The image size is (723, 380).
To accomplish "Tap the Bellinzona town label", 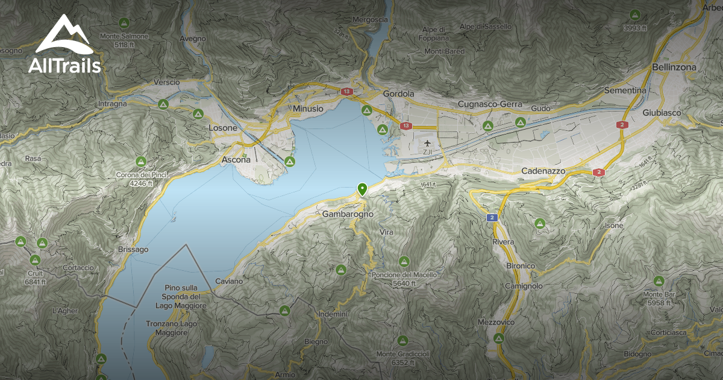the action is point(674,67).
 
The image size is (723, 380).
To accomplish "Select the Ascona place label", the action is point(236,160).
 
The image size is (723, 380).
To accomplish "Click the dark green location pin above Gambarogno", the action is point(362,189).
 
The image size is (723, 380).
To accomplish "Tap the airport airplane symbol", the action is point(428,143).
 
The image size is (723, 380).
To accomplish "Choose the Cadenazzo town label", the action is point(543,171).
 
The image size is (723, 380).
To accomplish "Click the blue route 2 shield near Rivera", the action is point(492,217).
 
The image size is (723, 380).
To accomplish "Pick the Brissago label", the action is point(133,249).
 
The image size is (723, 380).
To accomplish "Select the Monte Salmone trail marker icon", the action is point(124,24).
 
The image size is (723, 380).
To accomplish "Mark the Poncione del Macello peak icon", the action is point(404,261).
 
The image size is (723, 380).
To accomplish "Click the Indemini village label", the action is point(333,314).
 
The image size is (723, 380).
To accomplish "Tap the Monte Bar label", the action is point(658,294).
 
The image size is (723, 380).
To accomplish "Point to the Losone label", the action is point(223,128).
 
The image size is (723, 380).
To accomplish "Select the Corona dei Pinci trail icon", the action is point(140,162).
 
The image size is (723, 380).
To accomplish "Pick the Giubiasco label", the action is point(660,113).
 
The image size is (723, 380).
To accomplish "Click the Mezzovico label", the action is point(495,323).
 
